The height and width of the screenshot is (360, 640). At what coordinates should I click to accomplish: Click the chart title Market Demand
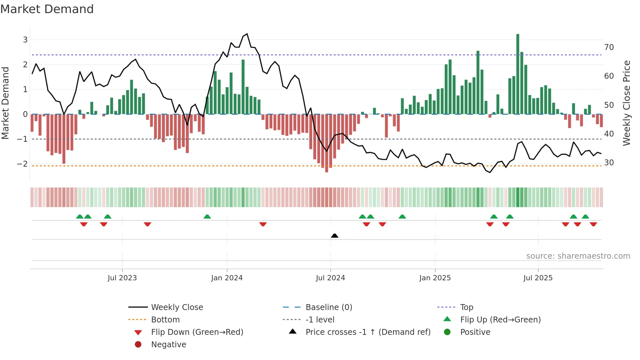[x=47, y=9]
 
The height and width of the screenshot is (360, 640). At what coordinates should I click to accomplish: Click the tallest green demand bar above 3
[x=518, y=74]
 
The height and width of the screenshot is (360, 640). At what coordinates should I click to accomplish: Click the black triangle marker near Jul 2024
[x=334, y=236]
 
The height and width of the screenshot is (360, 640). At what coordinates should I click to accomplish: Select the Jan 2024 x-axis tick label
[x=227, y=278]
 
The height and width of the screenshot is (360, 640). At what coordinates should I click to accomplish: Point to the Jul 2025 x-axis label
[x=538, y=278]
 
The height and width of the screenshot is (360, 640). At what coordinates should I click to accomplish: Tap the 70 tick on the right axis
[x=609, y=47]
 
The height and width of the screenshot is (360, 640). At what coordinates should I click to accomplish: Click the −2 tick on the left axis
[x=23, y=164]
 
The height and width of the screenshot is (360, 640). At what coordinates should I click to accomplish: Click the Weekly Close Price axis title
[x=626, y=103]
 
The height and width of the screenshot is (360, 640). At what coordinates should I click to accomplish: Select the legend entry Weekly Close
[x=177, y=307]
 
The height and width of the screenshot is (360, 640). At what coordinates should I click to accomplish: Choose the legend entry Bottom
[x=165, y=319]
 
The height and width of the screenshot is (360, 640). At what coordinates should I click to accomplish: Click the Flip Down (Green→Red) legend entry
[x=197, y=332]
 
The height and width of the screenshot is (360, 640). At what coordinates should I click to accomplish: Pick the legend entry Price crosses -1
[x=368, y=332]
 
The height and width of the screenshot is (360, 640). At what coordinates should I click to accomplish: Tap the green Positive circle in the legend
[x=447, y=332]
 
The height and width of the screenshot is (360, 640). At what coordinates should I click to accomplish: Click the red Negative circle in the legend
[x=138, y=344]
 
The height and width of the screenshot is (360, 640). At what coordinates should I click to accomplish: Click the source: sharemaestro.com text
[x=578, y=256]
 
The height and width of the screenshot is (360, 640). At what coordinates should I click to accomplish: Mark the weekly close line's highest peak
[x=247, y=34]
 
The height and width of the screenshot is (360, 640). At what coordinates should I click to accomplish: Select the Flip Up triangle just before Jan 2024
[x=207, y=217]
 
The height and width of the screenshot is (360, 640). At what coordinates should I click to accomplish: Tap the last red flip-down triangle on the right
[x=593, y=224]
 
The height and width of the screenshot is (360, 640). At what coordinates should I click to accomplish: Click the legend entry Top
[x=466, y=307]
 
